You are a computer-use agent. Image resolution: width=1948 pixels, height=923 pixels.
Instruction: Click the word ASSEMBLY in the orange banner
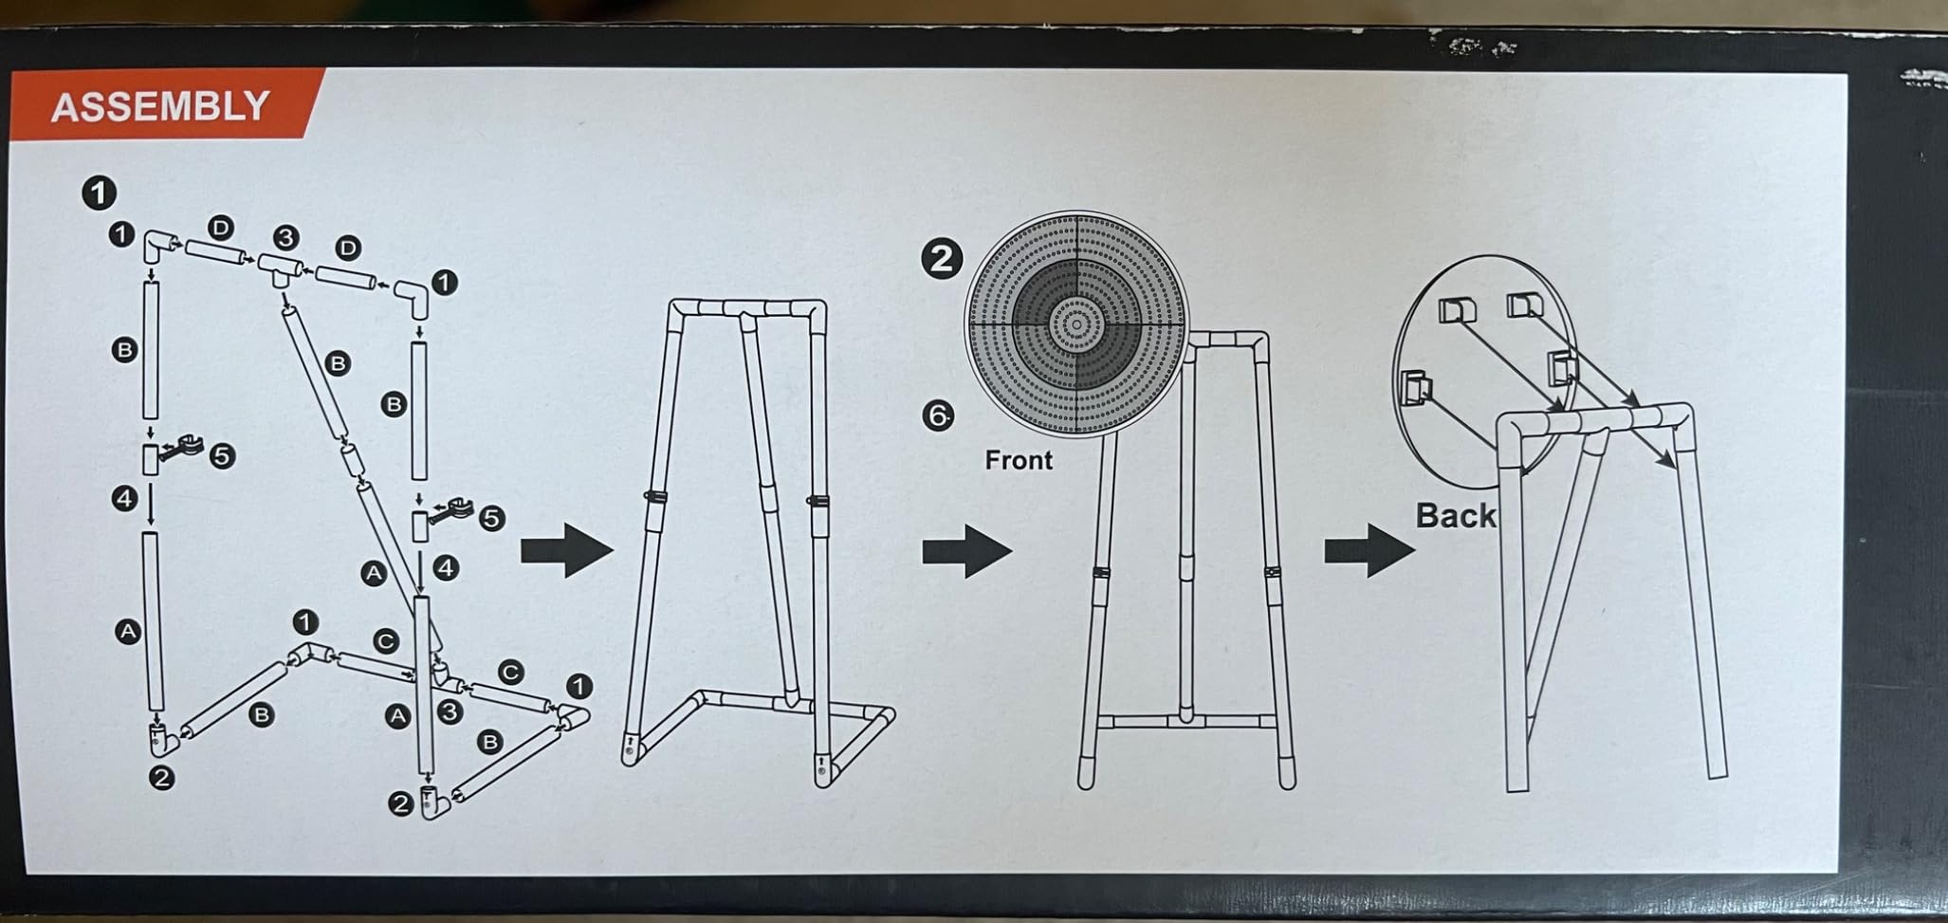[160, 106]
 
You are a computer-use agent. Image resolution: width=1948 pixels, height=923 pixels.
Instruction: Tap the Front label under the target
[1019, 460]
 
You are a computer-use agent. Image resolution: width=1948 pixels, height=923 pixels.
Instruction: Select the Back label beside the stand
[1456, 516]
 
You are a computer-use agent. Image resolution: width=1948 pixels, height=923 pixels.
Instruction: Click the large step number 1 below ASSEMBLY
[99, 194]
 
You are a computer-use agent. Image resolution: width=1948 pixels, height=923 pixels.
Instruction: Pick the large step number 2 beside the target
[941, 259]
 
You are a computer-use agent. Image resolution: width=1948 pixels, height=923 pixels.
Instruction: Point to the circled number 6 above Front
[938, 415]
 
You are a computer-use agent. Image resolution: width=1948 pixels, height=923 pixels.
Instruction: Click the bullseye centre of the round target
[1076, 324]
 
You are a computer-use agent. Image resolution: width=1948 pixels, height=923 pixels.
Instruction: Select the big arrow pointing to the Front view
[966, 551]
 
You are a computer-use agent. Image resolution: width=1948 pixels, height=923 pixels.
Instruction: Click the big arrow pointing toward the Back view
[1369, 550]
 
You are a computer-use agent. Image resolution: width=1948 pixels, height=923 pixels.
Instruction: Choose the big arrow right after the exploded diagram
[566, 550]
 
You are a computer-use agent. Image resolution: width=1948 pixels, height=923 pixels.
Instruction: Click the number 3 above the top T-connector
[285, 237]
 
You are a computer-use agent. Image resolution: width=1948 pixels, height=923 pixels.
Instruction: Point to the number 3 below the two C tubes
[450, 711]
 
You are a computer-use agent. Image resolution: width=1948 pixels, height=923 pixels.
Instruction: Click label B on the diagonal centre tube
[338, 362]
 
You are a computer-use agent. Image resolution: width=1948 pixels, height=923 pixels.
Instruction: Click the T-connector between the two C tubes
[443, 675]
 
